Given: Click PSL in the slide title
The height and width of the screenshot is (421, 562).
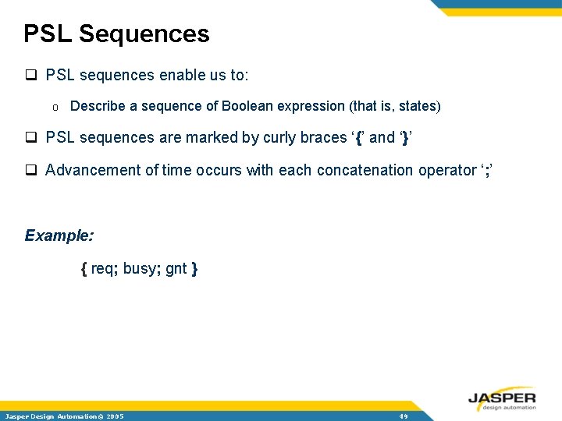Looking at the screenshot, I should click(x=48, y=34).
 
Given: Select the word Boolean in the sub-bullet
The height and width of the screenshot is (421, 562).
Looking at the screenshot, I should click(x=246, y=106).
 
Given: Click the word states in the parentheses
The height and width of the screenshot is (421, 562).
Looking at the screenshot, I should click(x=418, y=106).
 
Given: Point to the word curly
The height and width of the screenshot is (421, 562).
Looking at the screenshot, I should click(x=279, y=138).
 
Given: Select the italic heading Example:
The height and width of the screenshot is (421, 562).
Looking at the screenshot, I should click(x=59, y=235).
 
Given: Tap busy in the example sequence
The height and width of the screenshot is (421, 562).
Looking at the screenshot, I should click(x=140, y=269).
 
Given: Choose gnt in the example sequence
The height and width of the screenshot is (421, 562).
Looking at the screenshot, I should click(x=176, y=269).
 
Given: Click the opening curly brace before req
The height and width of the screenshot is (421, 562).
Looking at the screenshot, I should click(x=84, y=269).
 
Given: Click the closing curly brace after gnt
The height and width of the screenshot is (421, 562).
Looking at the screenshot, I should click(x=194, y=269).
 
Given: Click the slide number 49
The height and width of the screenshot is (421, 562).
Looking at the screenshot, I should click(x=404, y=416).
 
